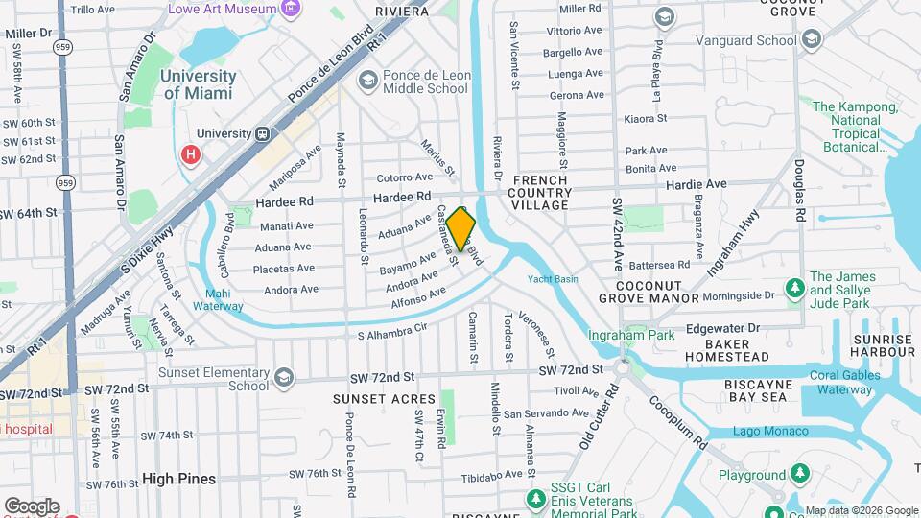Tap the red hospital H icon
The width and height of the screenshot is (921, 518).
click(190, 154)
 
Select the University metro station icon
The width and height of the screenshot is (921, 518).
click(260, 134)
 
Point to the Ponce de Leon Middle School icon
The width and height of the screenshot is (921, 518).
click(366, 82)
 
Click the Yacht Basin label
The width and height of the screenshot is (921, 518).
click(553, 279)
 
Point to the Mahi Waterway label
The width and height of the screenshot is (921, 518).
click(217, 300)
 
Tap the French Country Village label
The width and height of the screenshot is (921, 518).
click(541, 193)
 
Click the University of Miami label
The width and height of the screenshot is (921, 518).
click(199, 84)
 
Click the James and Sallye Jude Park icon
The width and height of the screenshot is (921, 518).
click(793, 288)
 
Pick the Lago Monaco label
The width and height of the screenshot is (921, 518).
click(770, 431)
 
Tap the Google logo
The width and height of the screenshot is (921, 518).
click(31, 506)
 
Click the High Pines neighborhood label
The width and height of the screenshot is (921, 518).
click(178, 478)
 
